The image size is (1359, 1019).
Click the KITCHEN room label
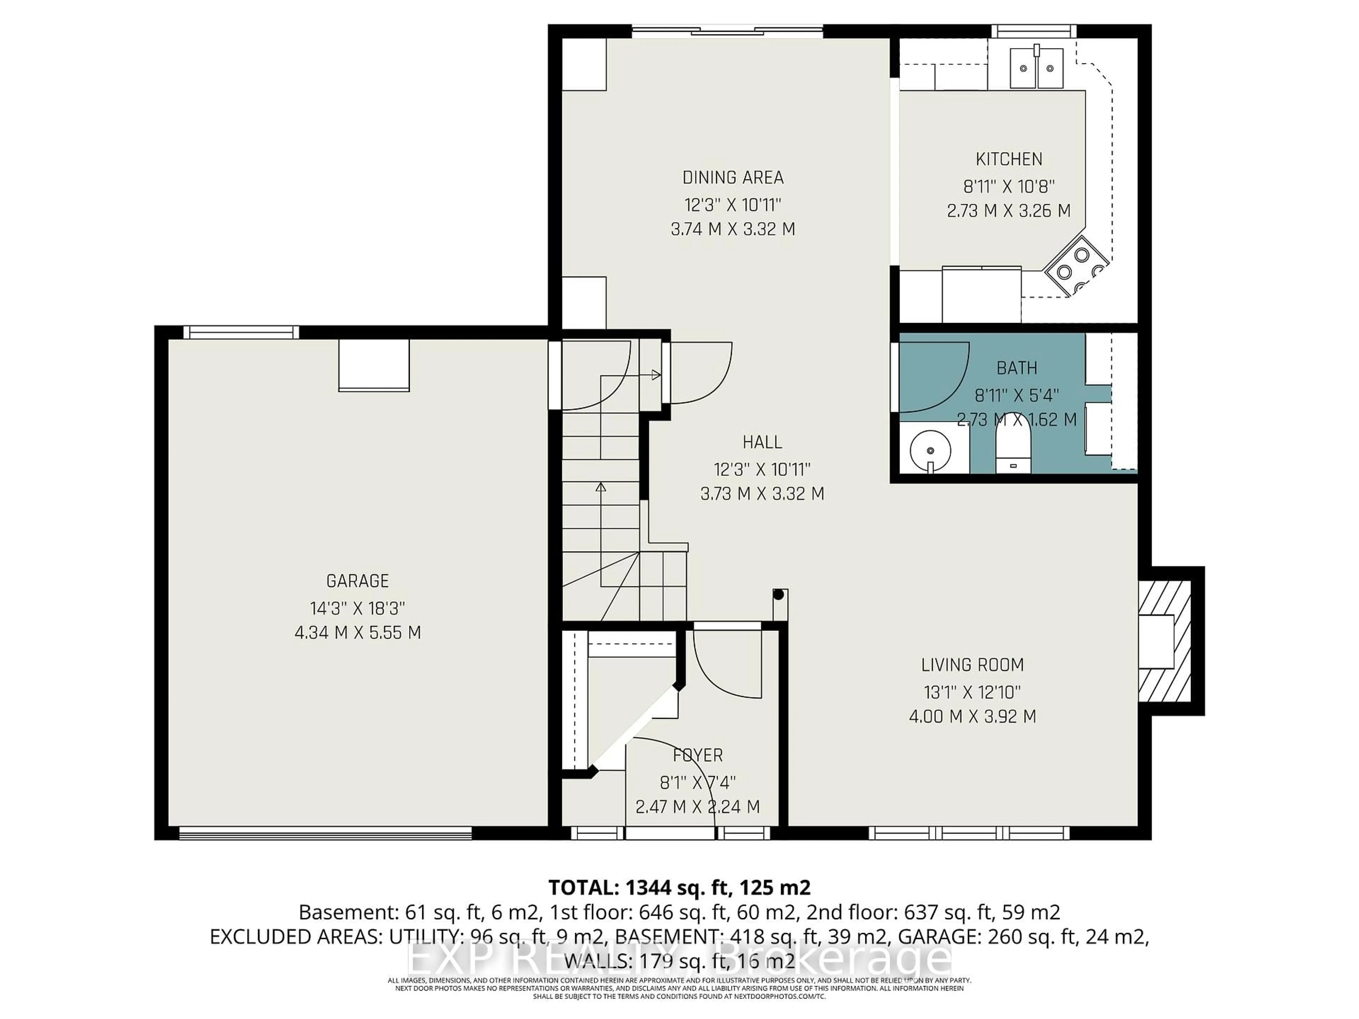click(x=1009, y=159)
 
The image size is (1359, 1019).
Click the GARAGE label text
click(x=357, y=581)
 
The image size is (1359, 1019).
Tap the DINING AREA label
click(x=733, y=178)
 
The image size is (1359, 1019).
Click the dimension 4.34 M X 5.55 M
click(x=357, y=633)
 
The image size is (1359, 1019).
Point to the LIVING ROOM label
click(x=972, y=664)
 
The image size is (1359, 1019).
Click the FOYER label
click(x=698, y=755)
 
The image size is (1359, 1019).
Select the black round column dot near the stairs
click(x=778, y=594)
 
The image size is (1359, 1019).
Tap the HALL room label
click(x=762, y=442)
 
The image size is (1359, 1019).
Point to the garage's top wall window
click(x=241, y=332)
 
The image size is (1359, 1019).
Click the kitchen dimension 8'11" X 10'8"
click(x=1009, y=186)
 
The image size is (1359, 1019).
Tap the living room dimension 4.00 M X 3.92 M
click(x=972, y=716)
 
